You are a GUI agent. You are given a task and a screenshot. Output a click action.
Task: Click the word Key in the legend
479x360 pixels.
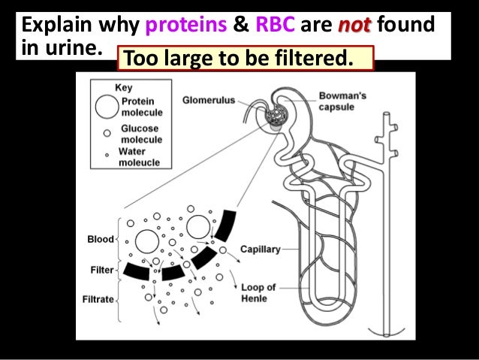[x=123, y=87]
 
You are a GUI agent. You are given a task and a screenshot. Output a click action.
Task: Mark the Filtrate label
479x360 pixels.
[x=98, y=299]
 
